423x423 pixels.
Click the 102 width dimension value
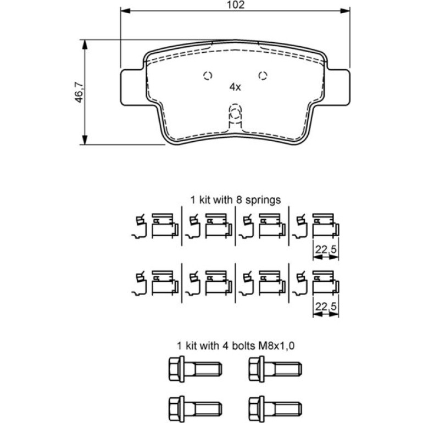click(x=235, y=4)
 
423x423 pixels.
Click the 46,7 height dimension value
click(x=79, y=93)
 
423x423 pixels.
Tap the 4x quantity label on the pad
click(x=235, y=87)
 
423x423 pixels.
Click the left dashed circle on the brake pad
click(x=208, y=75)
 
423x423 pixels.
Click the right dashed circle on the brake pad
click(x=263, y=75)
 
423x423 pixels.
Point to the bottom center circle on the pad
click(x=235, y=114)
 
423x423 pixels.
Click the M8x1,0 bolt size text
click(x=276, y=346)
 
